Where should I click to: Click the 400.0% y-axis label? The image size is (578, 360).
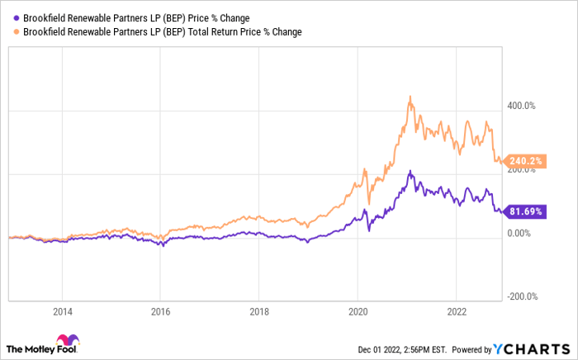pyautogui.click(x=521, y=106)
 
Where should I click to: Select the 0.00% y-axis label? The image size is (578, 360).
pyautogui.click(x=519, y=233)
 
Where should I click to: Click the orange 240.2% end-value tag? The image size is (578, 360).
pyautogui.click(x=524, y=162)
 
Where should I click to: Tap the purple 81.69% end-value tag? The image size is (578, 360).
pyautogui.click(x=524, y=212)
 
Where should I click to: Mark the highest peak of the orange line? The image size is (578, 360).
pyautogui.click(x=410, y=97)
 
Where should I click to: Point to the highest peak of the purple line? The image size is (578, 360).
pyautogui.click(x=410, y=172)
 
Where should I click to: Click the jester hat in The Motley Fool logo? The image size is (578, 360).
pyautogui.click(x=66, y=341)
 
